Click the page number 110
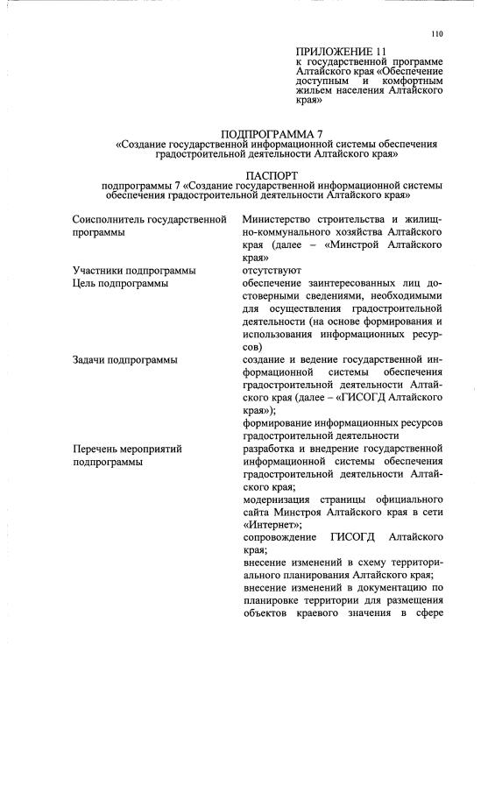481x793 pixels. tap(437, 34)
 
